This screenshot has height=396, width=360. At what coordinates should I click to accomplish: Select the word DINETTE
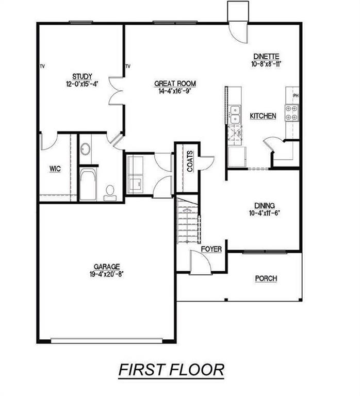(266, 57)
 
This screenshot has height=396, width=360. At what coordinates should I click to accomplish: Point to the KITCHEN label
(263, 116)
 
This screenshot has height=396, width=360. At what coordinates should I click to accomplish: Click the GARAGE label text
(107, 267)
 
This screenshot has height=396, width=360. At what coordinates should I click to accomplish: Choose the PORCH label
(266, 278)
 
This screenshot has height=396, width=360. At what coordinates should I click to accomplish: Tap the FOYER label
(211, 249)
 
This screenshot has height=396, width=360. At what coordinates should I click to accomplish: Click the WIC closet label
(55, 169)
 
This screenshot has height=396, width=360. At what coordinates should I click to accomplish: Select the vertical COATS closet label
(190, 161)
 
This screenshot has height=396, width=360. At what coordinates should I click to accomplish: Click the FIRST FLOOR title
(171, 370)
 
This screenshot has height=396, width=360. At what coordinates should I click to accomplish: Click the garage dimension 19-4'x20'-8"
(106, 274)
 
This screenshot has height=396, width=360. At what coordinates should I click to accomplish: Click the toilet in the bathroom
(109, 192)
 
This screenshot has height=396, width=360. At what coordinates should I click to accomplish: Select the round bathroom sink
(86, 150)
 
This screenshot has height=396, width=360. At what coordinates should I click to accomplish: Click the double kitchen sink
(235, 114)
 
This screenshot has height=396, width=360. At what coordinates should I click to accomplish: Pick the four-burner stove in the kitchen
(291, 112)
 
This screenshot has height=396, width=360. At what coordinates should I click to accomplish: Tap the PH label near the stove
(296, 96)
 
